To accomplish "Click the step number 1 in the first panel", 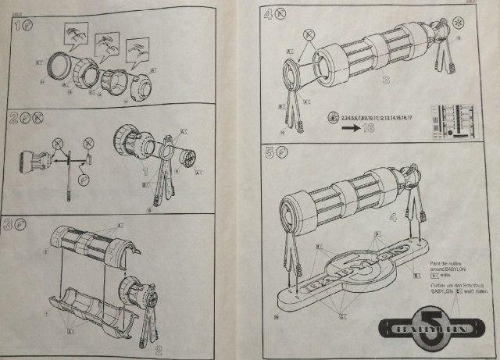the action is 17,26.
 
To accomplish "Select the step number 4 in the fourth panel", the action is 270,13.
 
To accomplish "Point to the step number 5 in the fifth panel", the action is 270,154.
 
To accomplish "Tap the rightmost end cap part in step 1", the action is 140,84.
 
